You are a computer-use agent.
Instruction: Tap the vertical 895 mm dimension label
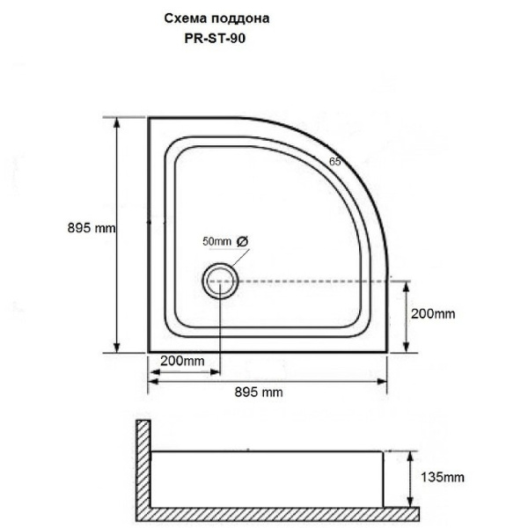click(x=92, y=227)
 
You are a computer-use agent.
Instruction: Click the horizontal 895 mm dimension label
click(x=262, y=392)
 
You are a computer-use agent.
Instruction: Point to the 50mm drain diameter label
click(x=216, y=241)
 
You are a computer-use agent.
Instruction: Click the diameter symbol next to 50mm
click(x=243, y=241)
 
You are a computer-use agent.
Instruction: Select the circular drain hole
click(x=218, y=282)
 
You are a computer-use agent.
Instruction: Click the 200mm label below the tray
click(x=183, y=361)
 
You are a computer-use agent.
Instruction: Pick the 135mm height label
click(x=442, y=478)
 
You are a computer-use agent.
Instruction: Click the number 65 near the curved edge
click(x=334, y=161)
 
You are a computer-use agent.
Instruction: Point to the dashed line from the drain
click(x=308, y=282)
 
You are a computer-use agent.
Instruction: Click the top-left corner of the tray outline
click(x=149, y=118)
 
